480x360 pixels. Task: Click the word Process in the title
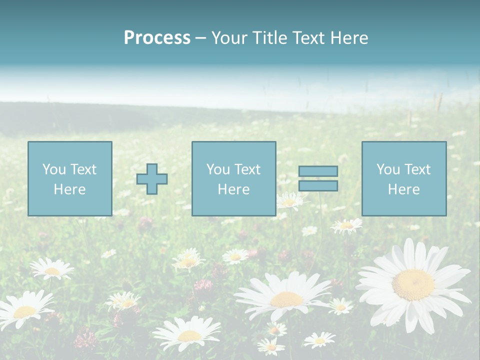(157, 38)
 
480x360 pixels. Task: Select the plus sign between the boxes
(152, 179)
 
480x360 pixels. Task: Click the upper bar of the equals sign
(318, 171)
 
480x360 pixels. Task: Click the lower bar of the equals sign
(318, 185)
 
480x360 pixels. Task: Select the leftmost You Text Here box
(70, 178)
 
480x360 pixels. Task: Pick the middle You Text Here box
(233, 178)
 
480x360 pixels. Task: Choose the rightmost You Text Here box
(404, 178)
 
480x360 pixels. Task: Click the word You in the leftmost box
(54, 169)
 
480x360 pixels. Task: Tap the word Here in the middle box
(233, 189)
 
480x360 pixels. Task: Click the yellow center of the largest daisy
(413, 285)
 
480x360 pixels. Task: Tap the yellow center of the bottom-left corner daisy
(24, 312)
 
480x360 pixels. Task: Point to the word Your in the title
(228, 38)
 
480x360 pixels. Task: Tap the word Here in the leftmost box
(70, 189)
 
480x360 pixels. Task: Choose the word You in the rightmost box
(388, 169)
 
